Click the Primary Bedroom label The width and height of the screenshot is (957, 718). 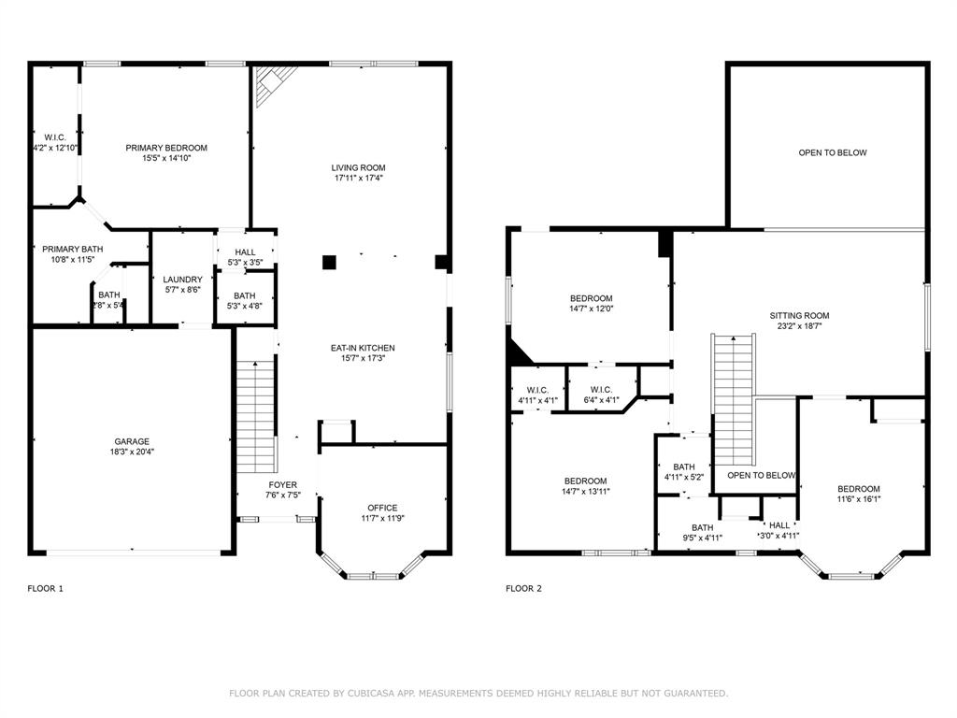166,148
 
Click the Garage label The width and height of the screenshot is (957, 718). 132,441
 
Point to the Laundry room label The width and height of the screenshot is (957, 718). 182,280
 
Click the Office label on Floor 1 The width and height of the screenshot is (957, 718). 382,508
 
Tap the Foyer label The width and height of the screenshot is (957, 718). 282,485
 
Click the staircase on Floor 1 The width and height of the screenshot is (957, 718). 255,416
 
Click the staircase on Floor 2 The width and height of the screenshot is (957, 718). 734,397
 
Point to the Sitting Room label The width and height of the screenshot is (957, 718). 799,316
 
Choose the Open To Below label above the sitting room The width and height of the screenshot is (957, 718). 832,152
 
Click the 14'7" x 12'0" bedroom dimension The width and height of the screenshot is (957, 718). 591,309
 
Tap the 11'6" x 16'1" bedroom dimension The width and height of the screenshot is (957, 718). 858,499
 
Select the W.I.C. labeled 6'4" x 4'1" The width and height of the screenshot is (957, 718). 601,390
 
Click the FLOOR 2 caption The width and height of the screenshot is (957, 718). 523,589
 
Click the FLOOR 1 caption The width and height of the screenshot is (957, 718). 45,589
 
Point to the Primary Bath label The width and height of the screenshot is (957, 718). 73,249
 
